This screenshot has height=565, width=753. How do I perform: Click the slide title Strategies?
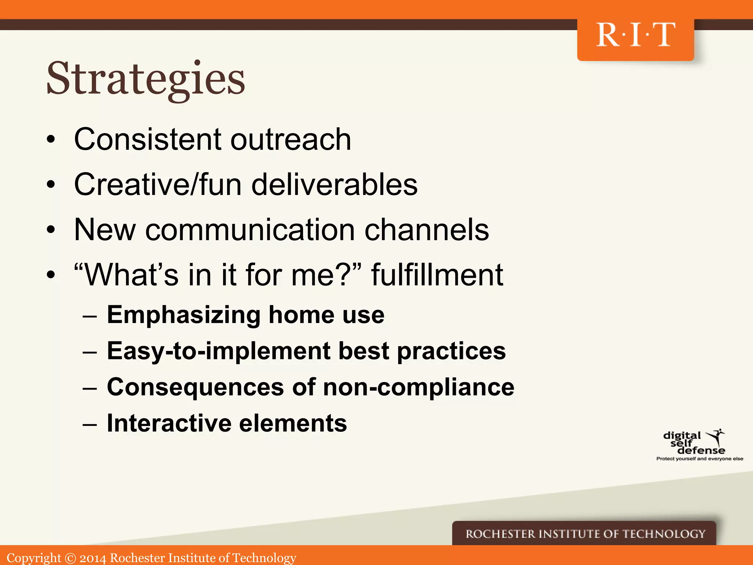pos(146,79)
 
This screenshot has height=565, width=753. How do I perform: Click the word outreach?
pos(290,139)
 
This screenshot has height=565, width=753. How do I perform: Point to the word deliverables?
pos(334,184)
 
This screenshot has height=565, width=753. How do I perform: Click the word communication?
pos(250,230)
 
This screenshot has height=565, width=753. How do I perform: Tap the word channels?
pos(427,230)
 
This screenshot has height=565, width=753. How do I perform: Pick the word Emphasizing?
pos(184,315)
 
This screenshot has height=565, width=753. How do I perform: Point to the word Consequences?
pos(195,387)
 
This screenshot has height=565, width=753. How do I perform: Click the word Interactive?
pos(169,423)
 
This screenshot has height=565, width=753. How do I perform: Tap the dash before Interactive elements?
pos(90,424)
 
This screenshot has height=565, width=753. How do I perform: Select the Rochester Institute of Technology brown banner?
pos(585,533)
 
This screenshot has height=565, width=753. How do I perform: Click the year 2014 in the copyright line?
pos(93,558)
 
